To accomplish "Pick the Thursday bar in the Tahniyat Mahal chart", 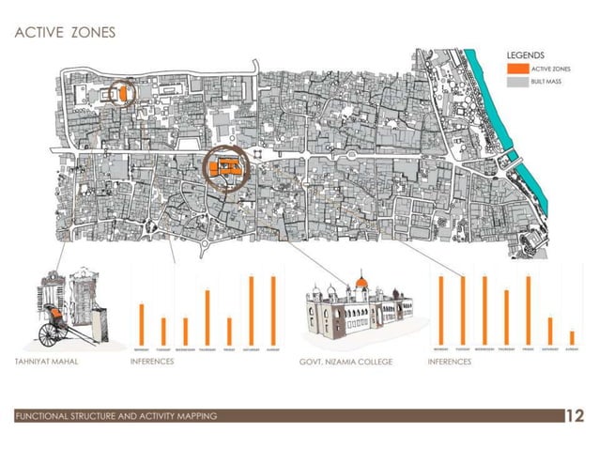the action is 207,317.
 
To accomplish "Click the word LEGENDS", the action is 526,54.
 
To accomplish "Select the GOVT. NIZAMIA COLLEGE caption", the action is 346,362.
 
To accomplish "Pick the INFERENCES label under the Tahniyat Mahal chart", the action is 151,362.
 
